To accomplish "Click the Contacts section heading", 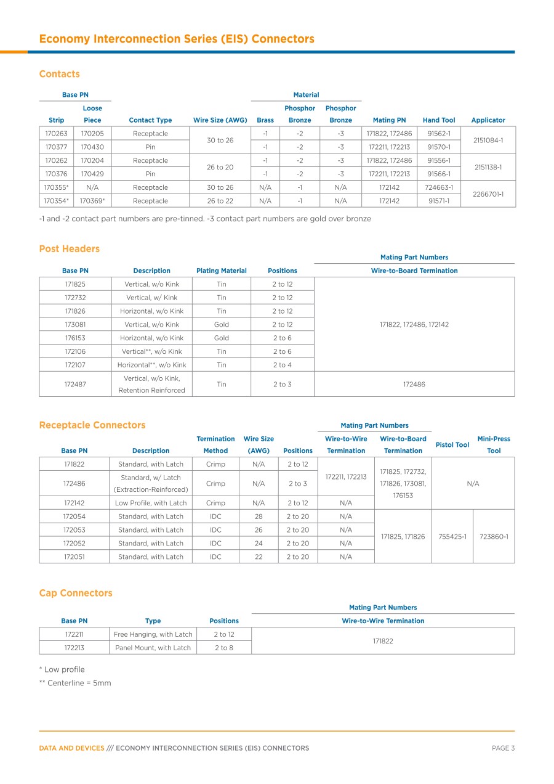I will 59,74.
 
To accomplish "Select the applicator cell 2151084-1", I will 488,140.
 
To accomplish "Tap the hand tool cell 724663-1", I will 440,187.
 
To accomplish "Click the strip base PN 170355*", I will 56,187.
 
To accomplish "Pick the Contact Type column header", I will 150,120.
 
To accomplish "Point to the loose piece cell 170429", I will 92,174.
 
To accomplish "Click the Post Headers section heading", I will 69,249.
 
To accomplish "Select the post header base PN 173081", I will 75,324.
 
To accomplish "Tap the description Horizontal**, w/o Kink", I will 151,365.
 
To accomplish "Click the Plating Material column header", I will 221,271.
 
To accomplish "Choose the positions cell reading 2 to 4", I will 282,365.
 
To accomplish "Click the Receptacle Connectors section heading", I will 92,425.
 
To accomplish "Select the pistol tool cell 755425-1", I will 452,536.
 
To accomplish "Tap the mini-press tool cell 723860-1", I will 494,536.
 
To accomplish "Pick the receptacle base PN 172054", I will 75,517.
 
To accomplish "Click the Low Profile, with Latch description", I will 151,503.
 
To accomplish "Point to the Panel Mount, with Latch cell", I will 153,648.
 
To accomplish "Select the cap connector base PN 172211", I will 74,634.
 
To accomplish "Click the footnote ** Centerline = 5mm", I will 74,683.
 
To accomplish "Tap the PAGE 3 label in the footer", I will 503,748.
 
